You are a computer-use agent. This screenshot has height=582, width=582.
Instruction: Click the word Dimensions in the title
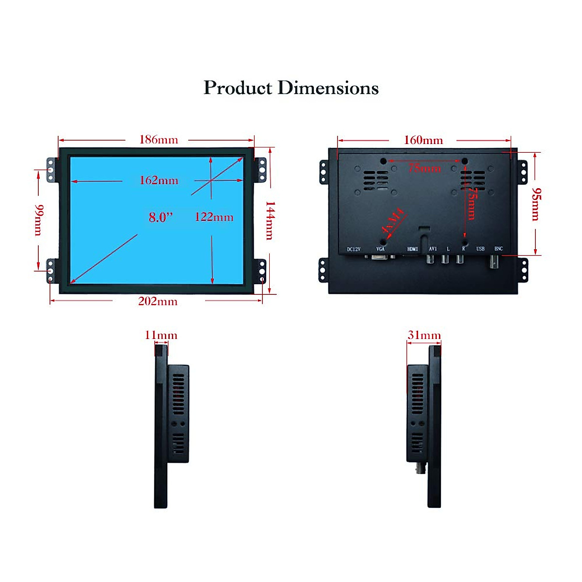328,88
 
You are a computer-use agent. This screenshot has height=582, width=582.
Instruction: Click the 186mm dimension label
159,140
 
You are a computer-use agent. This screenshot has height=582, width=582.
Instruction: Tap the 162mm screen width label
159,180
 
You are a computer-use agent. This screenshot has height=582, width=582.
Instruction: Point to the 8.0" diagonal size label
161,217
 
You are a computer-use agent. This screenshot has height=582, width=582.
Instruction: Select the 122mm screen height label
214,217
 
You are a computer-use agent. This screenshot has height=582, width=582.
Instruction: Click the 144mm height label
270,220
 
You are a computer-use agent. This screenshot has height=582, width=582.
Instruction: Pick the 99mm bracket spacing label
39,220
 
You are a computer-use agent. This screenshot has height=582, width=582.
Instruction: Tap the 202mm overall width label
158,301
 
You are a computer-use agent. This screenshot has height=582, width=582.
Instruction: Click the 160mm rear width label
423,140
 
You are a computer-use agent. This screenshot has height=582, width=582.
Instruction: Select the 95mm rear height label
535,204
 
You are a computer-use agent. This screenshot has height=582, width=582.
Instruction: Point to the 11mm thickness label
161,335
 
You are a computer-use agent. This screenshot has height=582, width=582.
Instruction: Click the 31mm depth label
424,335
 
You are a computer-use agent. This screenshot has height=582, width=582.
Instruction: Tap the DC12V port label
354,249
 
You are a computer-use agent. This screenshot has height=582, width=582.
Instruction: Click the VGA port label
380,249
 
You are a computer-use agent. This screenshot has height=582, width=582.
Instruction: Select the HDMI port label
412,249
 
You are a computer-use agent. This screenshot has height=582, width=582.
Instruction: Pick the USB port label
480,249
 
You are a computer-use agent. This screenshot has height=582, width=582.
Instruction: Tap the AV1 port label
433,249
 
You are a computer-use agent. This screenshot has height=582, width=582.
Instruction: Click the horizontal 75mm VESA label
424,168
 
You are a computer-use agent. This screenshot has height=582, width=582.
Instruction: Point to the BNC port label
498,249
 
